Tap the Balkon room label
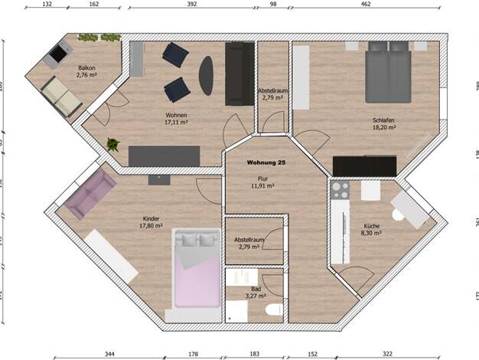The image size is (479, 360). (x=86, y=67)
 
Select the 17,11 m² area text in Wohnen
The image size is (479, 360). (x=176, y=122)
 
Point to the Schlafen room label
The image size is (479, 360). (x=383, y=120)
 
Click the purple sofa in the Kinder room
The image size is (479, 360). (x=90, y=194)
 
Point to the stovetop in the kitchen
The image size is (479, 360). (x=339, y=188)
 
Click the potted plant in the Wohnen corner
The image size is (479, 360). (x=113, y=143)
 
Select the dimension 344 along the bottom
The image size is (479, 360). (x=109, y=355)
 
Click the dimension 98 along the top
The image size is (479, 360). (x=273, y=4)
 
